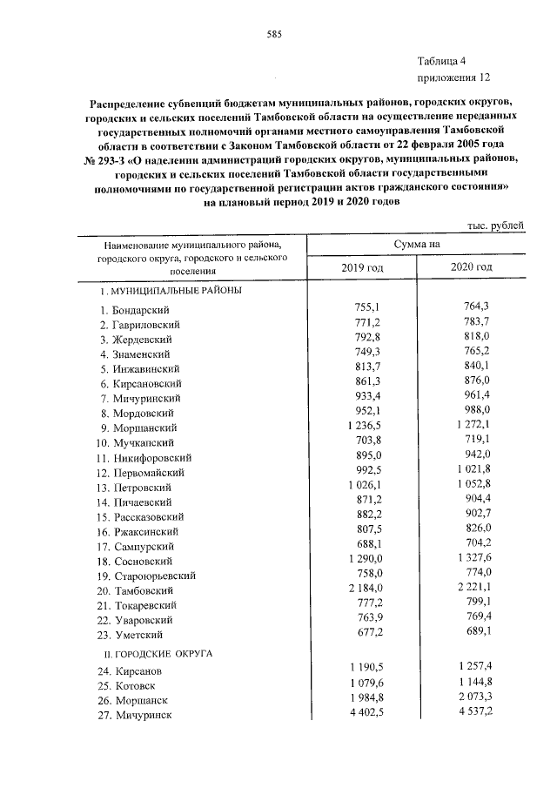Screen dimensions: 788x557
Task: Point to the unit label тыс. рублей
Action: (496, 225)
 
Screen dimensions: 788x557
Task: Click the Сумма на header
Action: (416, 246)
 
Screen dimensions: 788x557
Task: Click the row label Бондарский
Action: (141, 311)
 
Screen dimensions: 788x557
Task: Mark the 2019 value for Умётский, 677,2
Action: (365, 632)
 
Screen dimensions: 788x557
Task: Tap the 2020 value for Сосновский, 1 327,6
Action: (473, 559)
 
